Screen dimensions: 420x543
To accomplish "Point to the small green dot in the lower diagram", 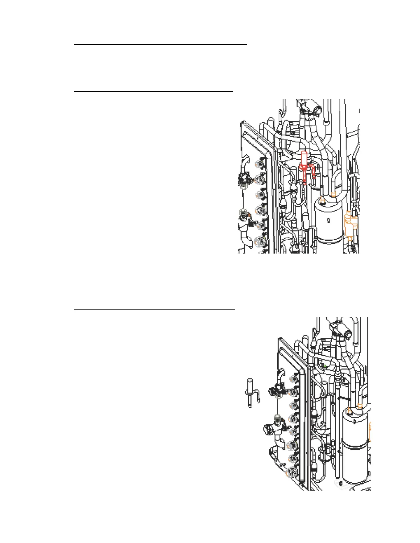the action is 325,366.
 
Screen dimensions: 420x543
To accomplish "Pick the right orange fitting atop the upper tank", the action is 333,195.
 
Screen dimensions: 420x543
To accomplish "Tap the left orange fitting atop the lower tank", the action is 350,410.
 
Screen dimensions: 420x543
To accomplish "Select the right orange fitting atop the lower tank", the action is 360,407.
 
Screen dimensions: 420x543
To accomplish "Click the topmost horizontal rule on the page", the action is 161,45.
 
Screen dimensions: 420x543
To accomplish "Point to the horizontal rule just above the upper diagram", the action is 154,92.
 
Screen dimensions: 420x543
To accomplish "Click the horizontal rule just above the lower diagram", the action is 154,309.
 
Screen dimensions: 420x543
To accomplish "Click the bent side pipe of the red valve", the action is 313,171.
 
